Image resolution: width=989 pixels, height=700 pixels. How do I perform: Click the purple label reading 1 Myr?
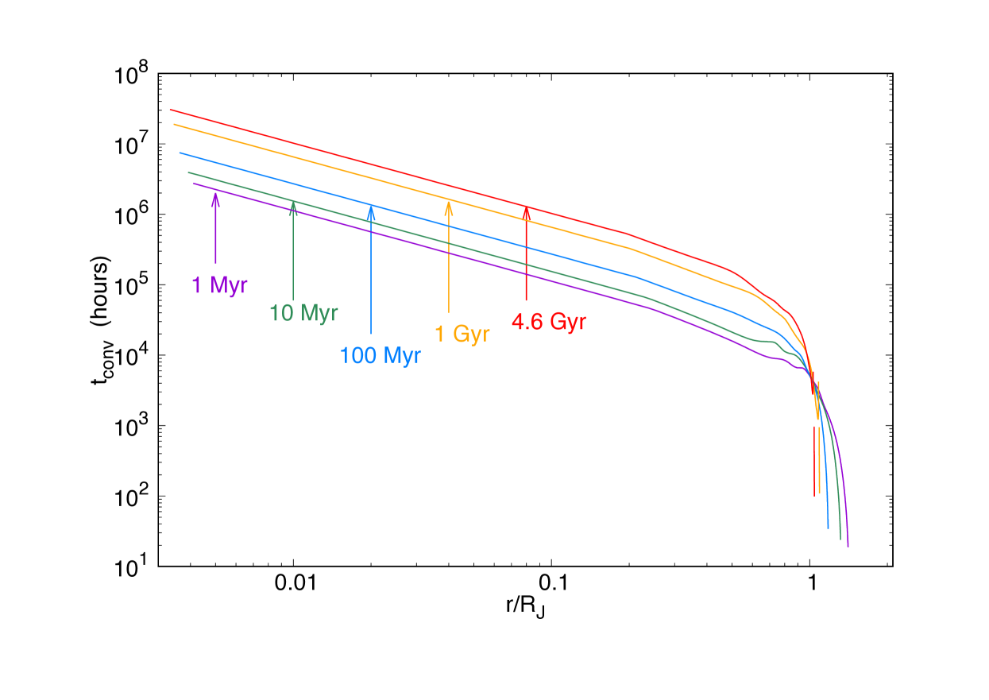219,285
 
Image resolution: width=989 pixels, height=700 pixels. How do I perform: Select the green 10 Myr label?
303,313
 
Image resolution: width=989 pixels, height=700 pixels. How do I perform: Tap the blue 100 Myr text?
380,355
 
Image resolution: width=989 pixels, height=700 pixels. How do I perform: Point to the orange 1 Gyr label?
462,334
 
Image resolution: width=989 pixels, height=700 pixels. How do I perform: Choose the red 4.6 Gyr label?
548,323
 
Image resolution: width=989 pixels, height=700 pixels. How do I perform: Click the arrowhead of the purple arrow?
215,195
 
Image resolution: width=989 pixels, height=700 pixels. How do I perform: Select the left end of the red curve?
171,110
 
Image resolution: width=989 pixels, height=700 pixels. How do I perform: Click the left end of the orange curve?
174,125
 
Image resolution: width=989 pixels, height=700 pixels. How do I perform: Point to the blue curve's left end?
180,153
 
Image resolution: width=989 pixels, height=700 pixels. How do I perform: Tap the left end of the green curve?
188,172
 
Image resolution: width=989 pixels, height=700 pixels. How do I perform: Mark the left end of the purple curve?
194,184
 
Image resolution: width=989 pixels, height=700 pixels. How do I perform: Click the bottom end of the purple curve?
848,547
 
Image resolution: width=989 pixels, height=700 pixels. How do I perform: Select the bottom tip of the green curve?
840,540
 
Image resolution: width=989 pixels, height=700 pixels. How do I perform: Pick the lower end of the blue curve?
828,528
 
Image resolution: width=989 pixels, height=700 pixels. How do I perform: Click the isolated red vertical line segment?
814,461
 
